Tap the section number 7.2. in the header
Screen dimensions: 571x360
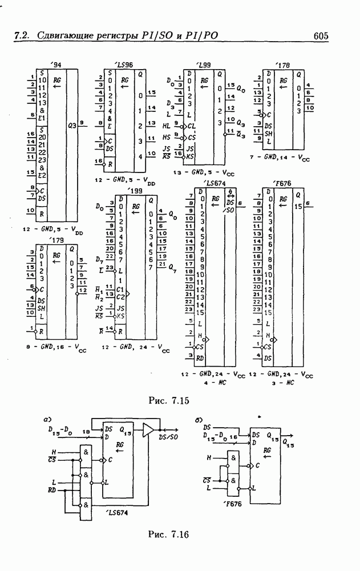tap(22, 37)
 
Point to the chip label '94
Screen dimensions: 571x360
tap(55, 65)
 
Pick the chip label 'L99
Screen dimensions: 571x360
tap(203, 65)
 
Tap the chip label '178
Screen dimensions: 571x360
tap(282, 65)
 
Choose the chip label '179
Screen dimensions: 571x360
tap(56, 240)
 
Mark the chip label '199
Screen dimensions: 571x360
tap(135, 190)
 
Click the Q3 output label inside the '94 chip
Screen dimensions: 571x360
tap(72, 124)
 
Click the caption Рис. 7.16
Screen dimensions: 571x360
tap(168, 534)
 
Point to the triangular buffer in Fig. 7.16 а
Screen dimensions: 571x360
tap(148, 430)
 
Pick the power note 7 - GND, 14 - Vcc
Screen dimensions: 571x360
tap(286, 155)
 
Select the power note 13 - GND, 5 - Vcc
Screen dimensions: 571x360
tap(204, 172)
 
